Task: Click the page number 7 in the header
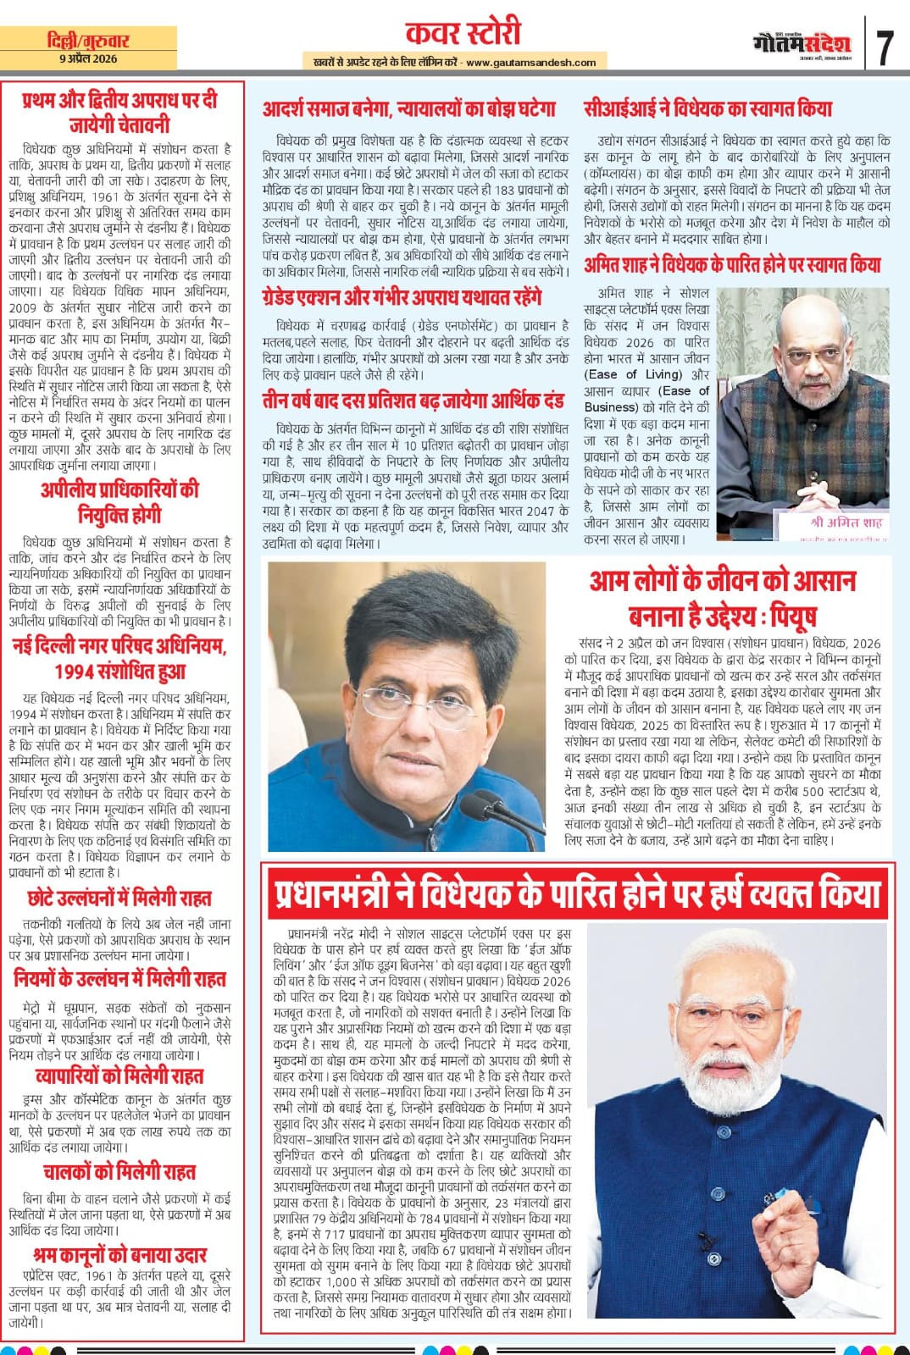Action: tap(885, 47)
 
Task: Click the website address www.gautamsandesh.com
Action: tap(530, 62)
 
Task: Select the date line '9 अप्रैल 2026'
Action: tap(89, 58)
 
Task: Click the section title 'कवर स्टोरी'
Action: tap(463, 33)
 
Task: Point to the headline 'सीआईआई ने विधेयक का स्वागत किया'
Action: tap(707, 108)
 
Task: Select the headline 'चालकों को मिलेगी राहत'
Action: tap(119, 1172)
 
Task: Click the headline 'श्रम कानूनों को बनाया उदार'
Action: tap(119, 1254)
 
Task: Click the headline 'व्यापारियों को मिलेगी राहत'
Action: tap(119, 1076)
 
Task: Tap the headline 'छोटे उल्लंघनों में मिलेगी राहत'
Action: tap(119, 898)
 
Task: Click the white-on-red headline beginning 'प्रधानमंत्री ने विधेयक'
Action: tap(578, 893)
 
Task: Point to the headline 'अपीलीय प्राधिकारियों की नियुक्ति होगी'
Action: tap(119, 501)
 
